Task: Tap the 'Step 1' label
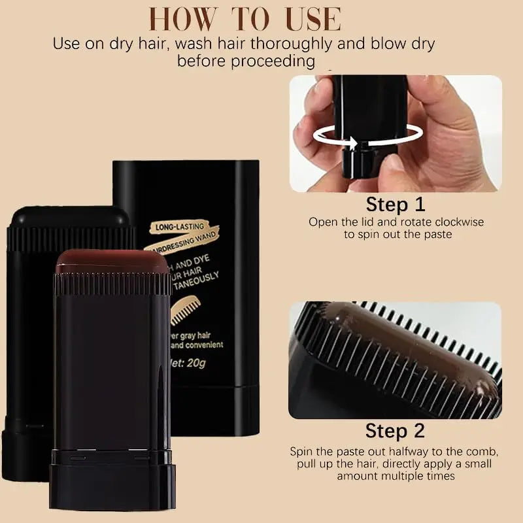(396, 204)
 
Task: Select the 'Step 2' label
(395, 431)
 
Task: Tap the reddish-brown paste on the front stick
(111, 263)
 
